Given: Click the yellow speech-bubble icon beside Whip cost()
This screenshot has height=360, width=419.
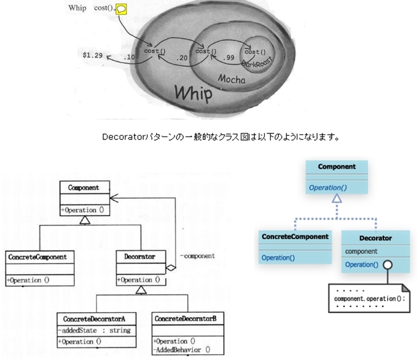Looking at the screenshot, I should tap(122, 9).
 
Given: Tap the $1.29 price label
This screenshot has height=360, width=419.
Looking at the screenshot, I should tap(93, 55).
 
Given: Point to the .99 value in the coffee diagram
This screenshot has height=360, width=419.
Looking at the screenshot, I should tap(230, 57).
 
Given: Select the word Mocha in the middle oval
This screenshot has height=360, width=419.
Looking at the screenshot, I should tap(232, 80).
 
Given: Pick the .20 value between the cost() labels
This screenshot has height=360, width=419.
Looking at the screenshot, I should tap(181, 57).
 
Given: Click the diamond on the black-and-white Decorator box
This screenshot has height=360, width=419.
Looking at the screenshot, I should tap(171, 268).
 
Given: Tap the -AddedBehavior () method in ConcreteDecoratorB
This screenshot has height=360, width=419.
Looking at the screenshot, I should tap(183, 350).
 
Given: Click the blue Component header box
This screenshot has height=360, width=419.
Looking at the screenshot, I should tap(336, 166).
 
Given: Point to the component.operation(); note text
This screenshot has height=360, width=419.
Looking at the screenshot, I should tap(363, 298).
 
